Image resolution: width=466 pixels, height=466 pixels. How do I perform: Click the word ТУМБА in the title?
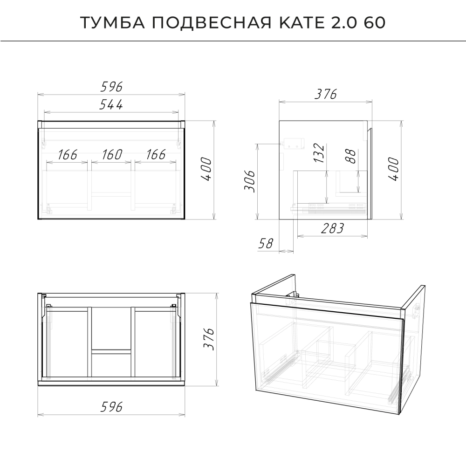coord(113,22)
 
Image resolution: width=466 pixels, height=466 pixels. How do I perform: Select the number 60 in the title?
coord(375,22)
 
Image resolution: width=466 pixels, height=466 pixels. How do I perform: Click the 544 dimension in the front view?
coord(111,104)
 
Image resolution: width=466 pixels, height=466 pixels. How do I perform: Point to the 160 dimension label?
coord(112,155)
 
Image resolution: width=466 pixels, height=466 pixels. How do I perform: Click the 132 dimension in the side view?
coord(319,153)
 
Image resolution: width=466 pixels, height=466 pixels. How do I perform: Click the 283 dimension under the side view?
coord(332,228)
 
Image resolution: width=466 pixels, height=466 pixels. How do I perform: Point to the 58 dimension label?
coord(266,243)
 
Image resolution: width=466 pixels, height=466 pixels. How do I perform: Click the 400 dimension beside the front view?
coord(206,170)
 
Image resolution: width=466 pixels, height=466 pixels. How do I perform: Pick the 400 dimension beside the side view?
coord(393,169)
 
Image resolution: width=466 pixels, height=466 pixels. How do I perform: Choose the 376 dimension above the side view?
coord(326,94)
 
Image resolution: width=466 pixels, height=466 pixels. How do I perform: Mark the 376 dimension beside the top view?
coord(208,339)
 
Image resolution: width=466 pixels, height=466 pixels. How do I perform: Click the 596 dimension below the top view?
coord(111,407)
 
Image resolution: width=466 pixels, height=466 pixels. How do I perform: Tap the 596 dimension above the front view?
coord(111,87)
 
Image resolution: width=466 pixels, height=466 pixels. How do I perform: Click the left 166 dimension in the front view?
coord(68,155)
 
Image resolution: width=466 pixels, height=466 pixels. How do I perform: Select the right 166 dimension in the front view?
coord(156,155)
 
